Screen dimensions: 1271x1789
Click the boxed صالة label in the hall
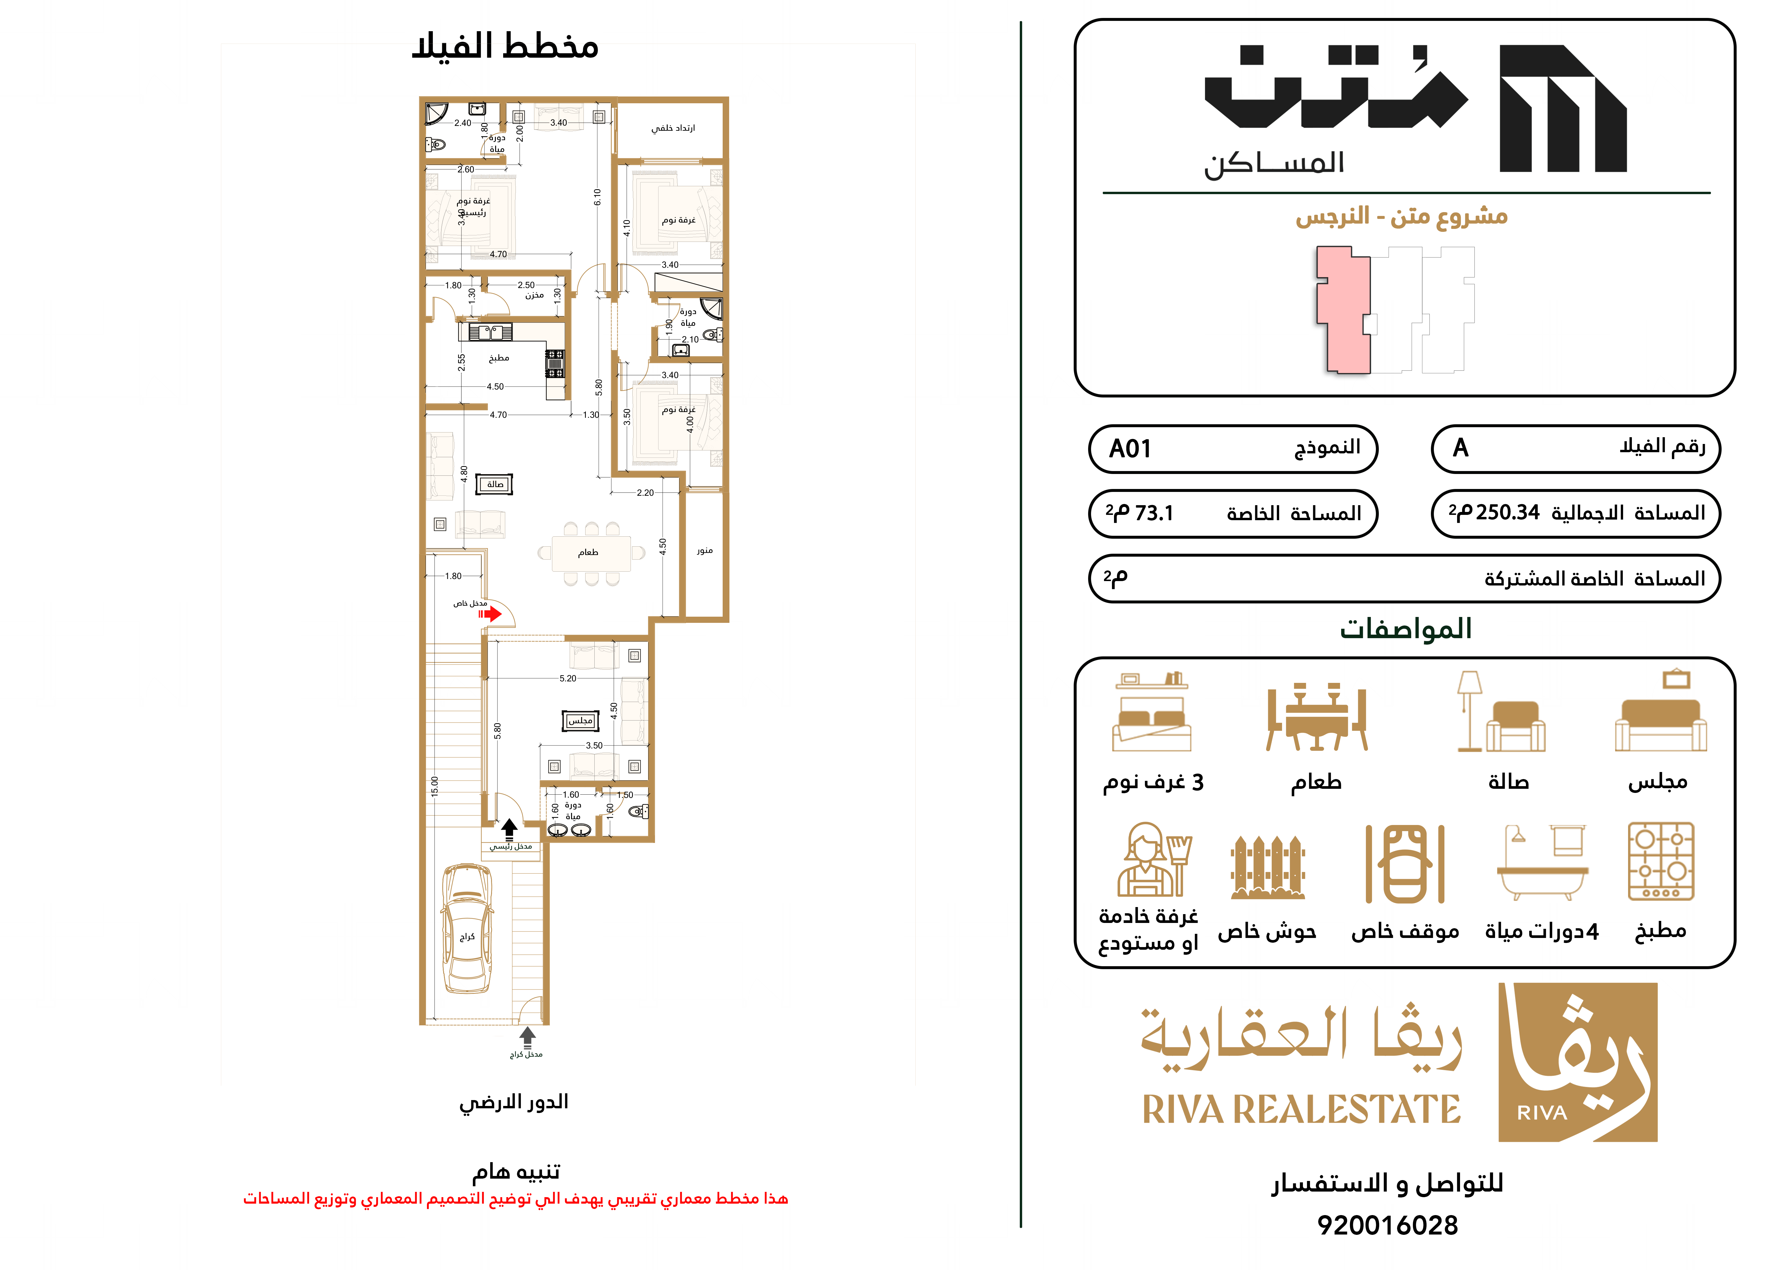(x=495, y=485)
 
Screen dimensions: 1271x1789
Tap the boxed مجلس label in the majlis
(x=580, y=720)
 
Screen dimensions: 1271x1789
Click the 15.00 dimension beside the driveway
(x=434, y=786)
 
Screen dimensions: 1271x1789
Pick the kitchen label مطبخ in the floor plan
(x=498, y=358)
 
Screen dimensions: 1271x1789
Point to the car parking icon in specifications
(x=1405, y=864)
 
